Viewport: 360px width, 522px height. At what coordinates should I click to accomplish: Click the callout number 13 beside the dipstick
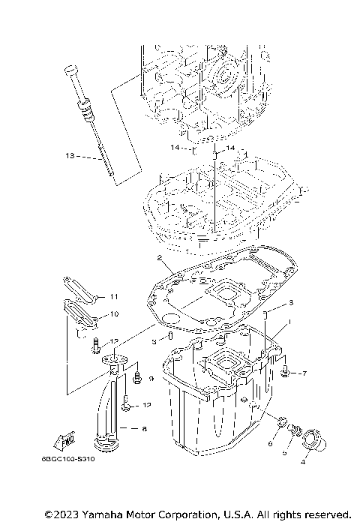click(70, 157)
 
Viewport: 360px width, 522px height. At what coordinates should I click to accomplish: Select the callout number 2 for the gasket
click(160, 259)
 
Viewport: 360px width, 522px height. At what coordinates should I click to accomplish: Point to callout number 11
click(115, 295)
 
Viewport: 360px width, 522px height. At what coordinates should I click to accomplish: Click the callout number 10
click(115, 314)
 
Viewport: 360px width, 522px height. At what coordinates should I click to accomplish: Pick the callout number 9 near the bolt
click(151, 380)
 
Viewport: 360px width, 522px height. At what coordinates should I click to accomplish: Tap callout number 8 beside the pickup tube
click(144, 430)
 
